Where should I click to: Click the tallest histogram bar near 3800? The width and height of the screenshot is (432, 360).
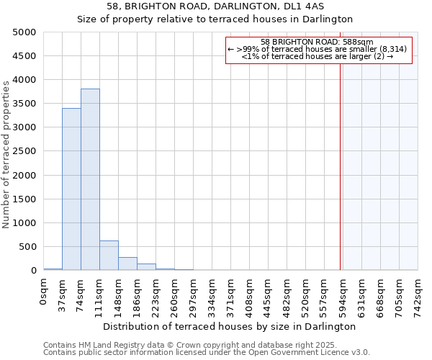tap(90, 179)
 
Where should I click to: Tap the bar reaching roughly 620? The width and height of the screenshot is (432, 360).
tap(109, 256)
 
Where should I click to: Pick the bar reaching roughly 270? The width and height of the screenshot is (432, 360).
tap(127, 264)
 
